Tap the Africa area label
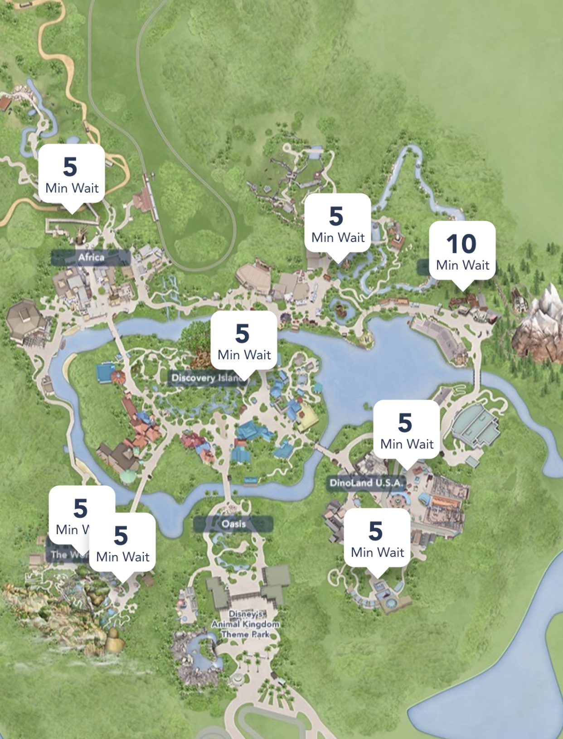pyautogui.click(x=91, y=257)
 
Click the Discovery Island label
pyautogui.click(x=206, y=378)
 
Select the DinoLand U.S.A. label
pyautogui.click(x=365, y=483)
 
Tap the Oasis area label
pyautogui.click(x=233, y=524)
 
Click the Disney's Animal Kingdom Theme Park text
pyautogui.click(x=245, y=624)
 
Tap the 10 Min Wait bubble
pyautogui.click(x=462, y=251)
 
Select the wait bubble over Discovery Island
pyautogui.click(x=244, y=341)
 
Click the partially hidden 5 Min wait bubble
pyautogui.click(x=70, y=510)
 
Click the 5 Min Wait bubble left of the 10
pyautogui.click(x=338, y=223)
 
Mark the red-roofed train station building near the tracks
pyautogui.click(x=144, y=201)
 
